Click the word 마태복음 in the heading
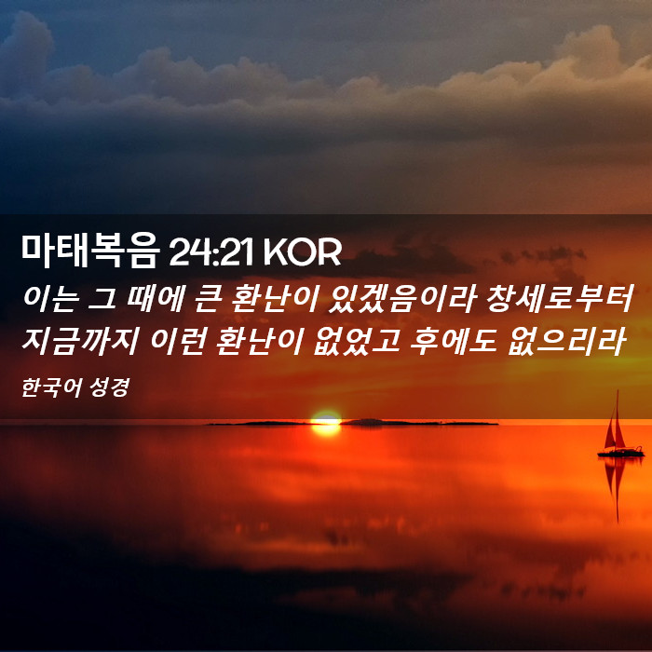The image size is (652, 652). (90, 251)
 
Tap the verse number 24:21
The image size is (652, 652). (211, 252)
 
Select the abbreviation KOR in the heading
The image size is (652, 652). (303, 252)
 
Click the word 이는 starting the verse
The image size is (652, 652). (50, 298)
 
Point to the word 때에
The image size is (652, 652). (156, 298)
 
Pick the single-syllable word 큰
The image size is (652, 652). (207, 299)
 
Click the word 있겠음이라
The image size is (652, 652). (401, 298)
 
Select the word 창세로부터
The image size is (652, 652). (559, 298)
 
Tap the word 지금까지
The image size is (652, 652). (79, 341)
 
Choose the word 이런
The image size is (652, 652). (178, 341)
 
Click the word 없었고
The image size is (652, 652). (357, 341)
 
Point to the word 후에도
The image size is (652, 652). (454, 341)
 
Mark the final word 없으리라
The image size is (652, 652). (566, 341)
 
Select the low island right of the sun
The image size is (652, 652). (419, 423)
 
